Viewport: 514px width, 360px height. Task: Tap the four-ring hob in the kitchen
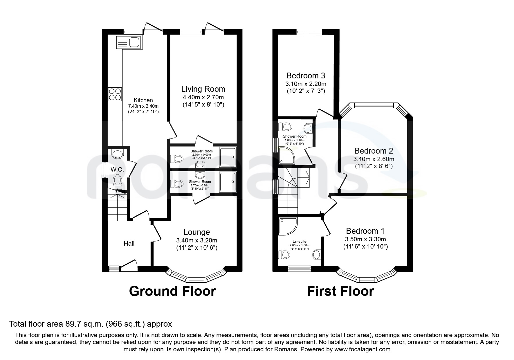[115, 94]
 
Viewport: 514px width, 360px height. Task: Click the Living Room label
[203, 89]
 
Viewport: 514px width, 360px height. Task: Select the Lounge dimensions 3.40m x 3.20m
[196, 240]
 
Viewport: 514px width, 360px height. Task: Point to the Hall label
[129, 243]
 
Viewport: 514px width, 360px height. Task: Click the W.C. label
[117, 170]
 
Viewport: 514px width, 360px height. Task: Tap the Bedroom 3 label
[306, 76]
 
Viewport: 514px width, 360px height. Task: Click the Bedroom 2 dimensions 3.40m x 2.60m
[374, 159]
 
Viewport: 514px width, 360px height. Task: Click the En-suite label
[299, 241]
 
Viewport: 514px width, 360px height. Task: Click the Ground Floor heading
[172, 291]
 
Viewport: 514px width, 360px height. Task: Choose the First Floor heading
[340, 291]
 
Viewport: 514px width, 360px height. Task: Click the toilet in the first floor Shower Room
[285, 127]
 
